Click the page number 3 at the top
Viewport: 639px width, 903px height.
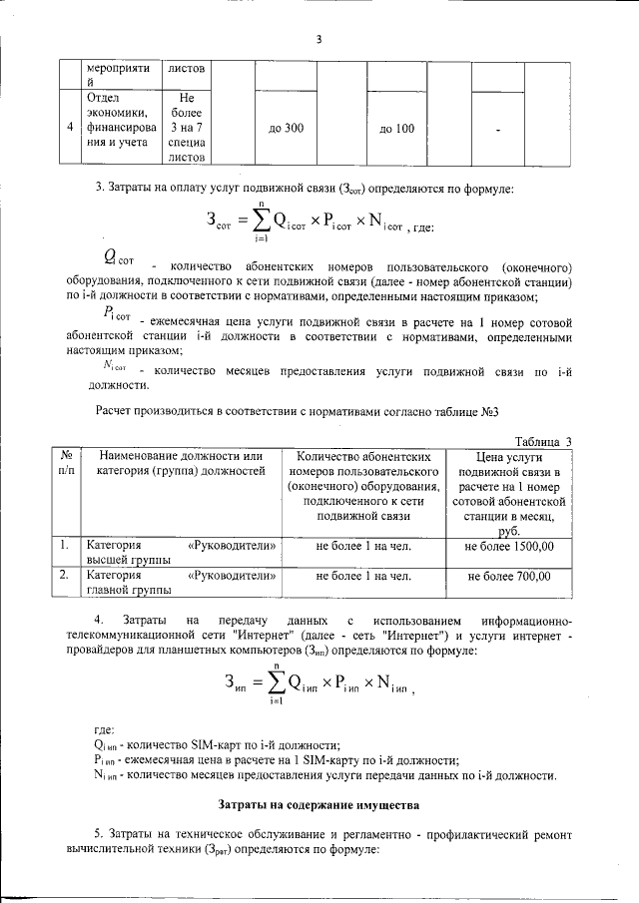319,40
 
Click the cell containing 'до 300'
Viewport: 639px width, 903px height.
287,129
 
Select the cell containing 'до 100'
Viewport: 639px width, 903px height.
396,129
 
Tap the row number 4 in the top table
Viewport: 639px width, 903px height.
69,128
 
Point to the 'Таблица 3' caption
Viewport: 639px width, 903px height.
543,442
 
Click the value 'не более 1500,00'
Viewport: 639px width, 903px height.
510,546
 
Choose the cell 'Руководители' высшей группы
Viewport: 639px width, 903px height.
180,553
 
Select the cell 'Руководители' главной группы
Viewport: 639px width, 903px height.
180,582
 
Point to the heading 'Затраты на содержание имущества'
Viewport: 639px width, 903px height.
319,803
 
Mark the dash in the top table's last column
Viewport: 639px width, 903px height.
496,130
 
